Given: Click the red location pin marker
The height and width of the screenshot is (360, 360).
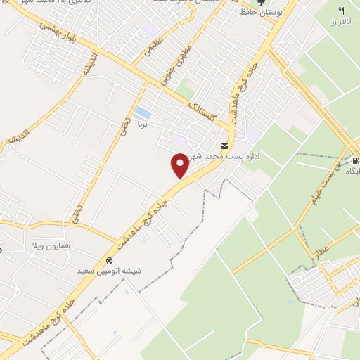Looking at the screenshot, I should pos(180,166).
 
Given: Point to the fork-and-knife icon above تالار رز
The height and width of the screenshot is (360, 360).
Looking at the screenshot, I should pos(342,11).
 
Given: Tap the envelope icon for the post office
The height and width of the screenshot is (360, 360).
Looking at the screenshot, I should pos(224,146).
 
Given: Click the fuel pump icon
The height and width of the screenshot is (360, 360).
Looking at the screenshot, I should pos(356,159).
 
